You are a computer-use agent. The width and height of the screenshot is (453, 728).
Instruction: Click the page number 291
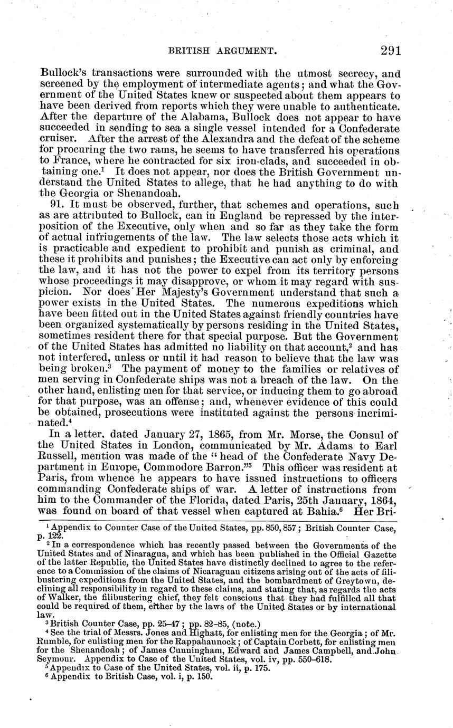tap(390, 51)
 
